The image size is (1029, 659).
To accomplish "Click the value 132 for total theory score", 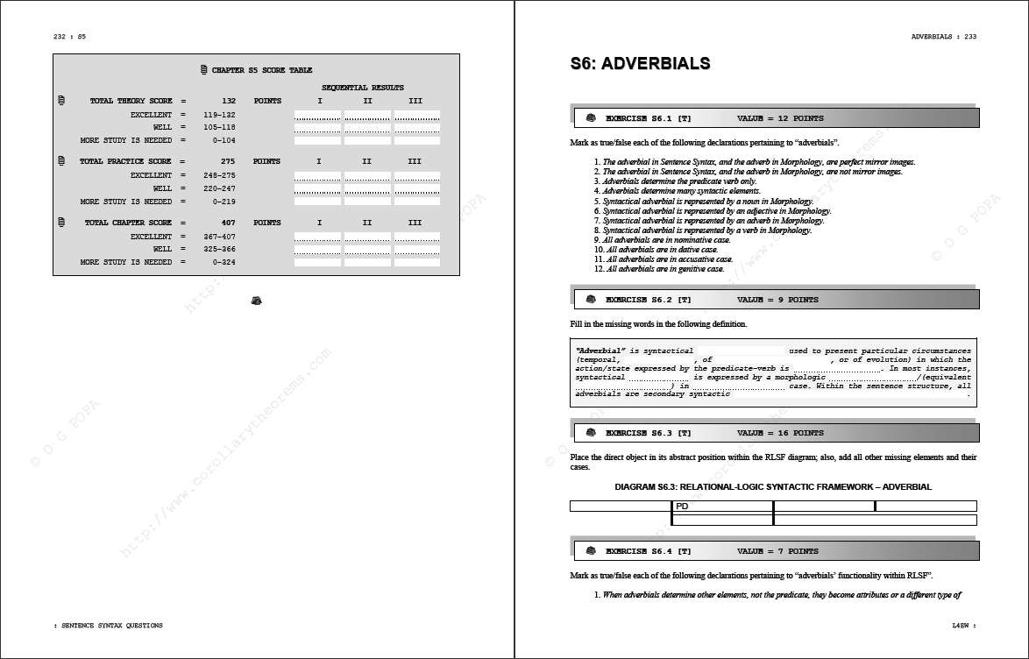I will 229,101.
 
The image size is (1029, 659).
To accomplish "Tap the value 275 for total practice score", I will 228,161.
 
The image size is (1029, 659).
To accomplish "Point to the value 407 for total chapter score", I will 228,223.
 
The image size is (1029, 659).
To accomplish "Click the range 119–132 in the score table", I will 219,115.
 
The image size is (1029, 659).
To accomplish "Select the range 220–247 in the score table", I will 219,188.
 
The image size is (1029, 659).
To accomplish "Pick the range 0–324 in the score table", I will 224,262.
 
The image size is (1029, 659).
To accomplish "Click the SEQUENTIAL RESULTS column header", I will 362,88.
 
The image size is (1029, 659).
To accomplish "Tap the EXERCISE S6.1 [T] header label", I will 648,118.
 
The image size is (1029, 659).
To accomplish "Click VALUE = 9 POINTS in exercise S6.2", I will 777,300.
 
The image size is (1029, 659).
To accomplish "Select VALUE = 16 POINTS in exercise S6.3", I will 780,433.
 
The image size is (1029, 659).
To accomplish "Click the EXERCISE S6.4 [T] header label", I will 648,551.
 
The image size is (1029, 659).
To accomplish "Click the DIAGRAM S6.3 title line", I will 773,486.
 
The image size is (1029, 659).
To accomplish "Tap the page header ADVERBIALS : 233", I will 943,37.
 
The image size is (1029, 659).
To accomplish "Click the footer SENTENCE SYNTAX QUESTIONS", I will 110,626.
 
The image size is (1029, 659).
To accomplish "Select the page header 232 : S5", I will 69,37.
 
